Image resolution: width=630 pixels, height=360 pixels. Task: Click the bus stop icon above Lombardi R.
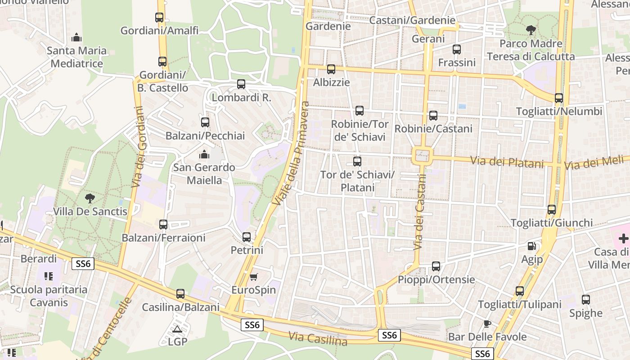(241, 84)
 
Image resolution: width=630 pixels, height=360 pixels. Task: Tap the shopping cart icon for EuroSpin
(254, 276)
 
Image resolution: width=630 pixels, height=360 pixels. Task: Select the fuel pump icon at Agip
(532, 246)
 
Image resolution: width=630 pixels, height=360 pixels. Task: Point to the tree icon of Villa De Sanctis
(90, 198)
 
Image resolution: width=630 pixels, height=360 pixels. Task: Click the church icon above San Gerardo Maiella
(204, 154)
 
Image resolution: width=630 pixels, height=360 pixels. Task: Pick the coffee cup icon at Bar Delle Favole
(487, 324)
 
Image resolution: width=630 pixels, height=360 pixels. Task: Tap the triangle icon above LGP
(177, 329)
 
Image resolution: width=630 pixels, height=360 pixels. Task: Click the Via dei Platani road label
(507, 162)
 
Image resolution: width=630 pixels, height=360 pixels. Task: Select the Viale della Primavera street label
(291, 154)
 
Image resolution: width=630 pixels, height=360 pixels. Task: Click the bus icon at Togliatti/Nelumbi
(559, 98)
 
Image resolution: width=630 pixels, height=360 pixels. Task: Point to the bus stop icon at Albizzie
(331, 69)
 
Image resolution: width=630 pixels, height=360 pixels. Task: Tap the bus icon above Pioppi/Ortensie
(436, 266)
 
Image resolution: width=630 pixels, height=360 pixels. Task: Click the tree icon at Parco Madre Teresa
(531, 30)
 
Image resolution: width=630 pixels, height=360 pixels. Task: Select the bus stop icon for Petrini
(247, 237)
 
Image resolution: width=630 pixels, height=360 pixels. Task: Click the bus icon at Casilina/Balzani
(180, 294)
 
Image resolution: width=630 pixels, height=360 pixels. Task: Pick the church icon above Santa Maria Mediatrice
(76, 37)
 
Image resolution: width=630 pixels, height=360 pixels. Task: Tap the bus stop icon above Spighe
(586, 300)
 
